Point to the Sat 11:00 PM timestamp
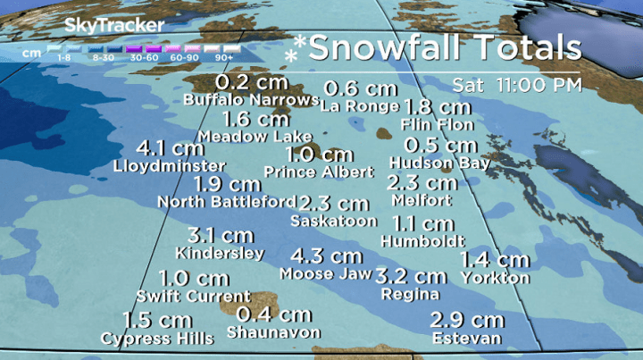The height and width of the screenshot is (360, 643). coord(516,86)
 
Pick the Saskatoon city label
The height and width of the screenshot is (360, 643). coord(334,220)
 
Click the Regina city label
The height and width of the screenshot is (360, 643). coord(410,294)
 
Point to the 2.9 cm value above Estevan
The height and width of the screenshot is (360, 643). coord(467,320)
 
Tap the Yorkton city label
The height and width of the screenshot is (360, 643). coord(495,278)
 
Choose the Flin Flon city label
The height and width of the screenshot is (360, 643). coord(437,124)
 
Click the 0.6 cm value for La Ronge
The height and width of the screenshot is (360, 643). coord(360,88)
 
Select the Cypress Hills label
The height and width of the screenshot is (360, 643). coord(157,339)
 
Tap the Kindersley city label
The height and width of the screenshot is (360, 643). coord(221,253)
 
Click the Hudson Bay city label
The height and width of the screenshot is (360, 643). coord(439,163)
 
